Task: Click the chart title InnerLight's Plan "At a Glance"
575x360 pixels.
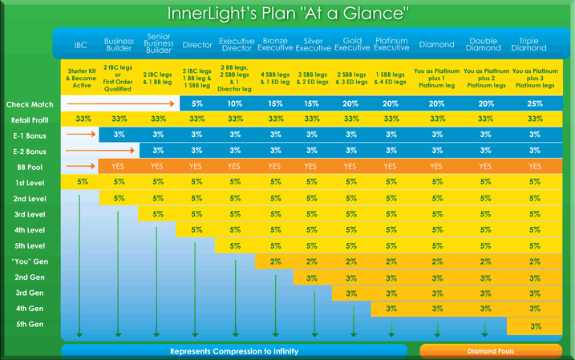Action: (288, 14)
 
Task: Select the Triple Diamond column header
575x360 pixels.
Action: (528, 45)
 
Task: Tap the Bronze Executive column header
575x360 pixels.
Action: (274, 45)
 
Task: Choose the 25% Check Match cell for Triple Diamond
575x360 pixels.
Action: (534, 104)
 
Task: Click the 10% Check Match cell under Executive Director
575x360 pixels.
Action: (235, 104)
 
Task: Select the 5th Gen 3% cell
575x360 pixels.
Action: (535, 326)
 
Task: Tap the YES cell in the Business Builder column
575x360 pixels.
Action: (119, 167)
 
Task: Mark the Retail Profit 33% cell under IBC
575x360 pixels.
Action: (83, 119)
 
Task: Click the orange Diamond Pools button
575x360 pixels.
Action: (490, 351)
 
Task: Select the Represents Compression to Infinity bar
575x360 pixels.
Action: (234, 351)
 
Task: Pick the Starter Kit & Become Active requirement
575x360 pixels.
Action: (81, 78)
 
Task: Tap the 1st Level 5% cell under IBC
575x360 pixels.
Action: (83, 183)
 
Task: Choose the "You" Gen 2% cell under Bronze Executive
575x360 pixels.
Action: (275, 261)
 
